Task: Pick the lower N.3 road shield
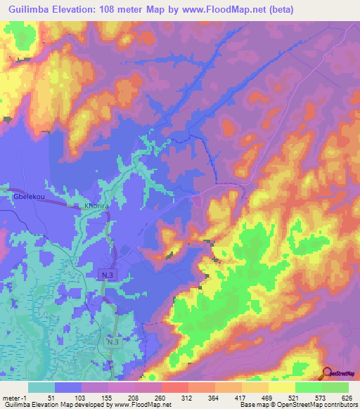coord(113,342)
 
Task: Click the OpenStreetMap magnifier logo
coord(327,373)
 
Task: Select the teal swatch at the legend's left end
coord(41,387)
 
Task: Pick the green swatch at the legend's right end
coord(335,387)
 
